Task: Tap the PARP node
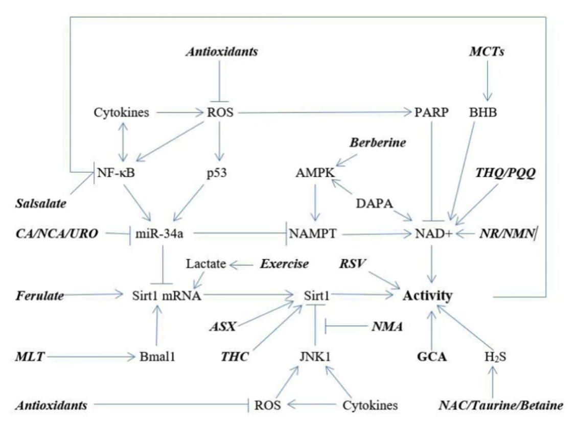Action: tap(432, 112)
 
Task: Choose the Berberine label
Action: tap(378, 143)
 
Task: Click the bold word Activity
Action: tap(427, 295)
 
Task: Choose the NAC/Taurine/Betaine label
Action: tap(501, 406)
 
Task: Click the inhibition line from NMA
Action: tap(348, 325)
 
